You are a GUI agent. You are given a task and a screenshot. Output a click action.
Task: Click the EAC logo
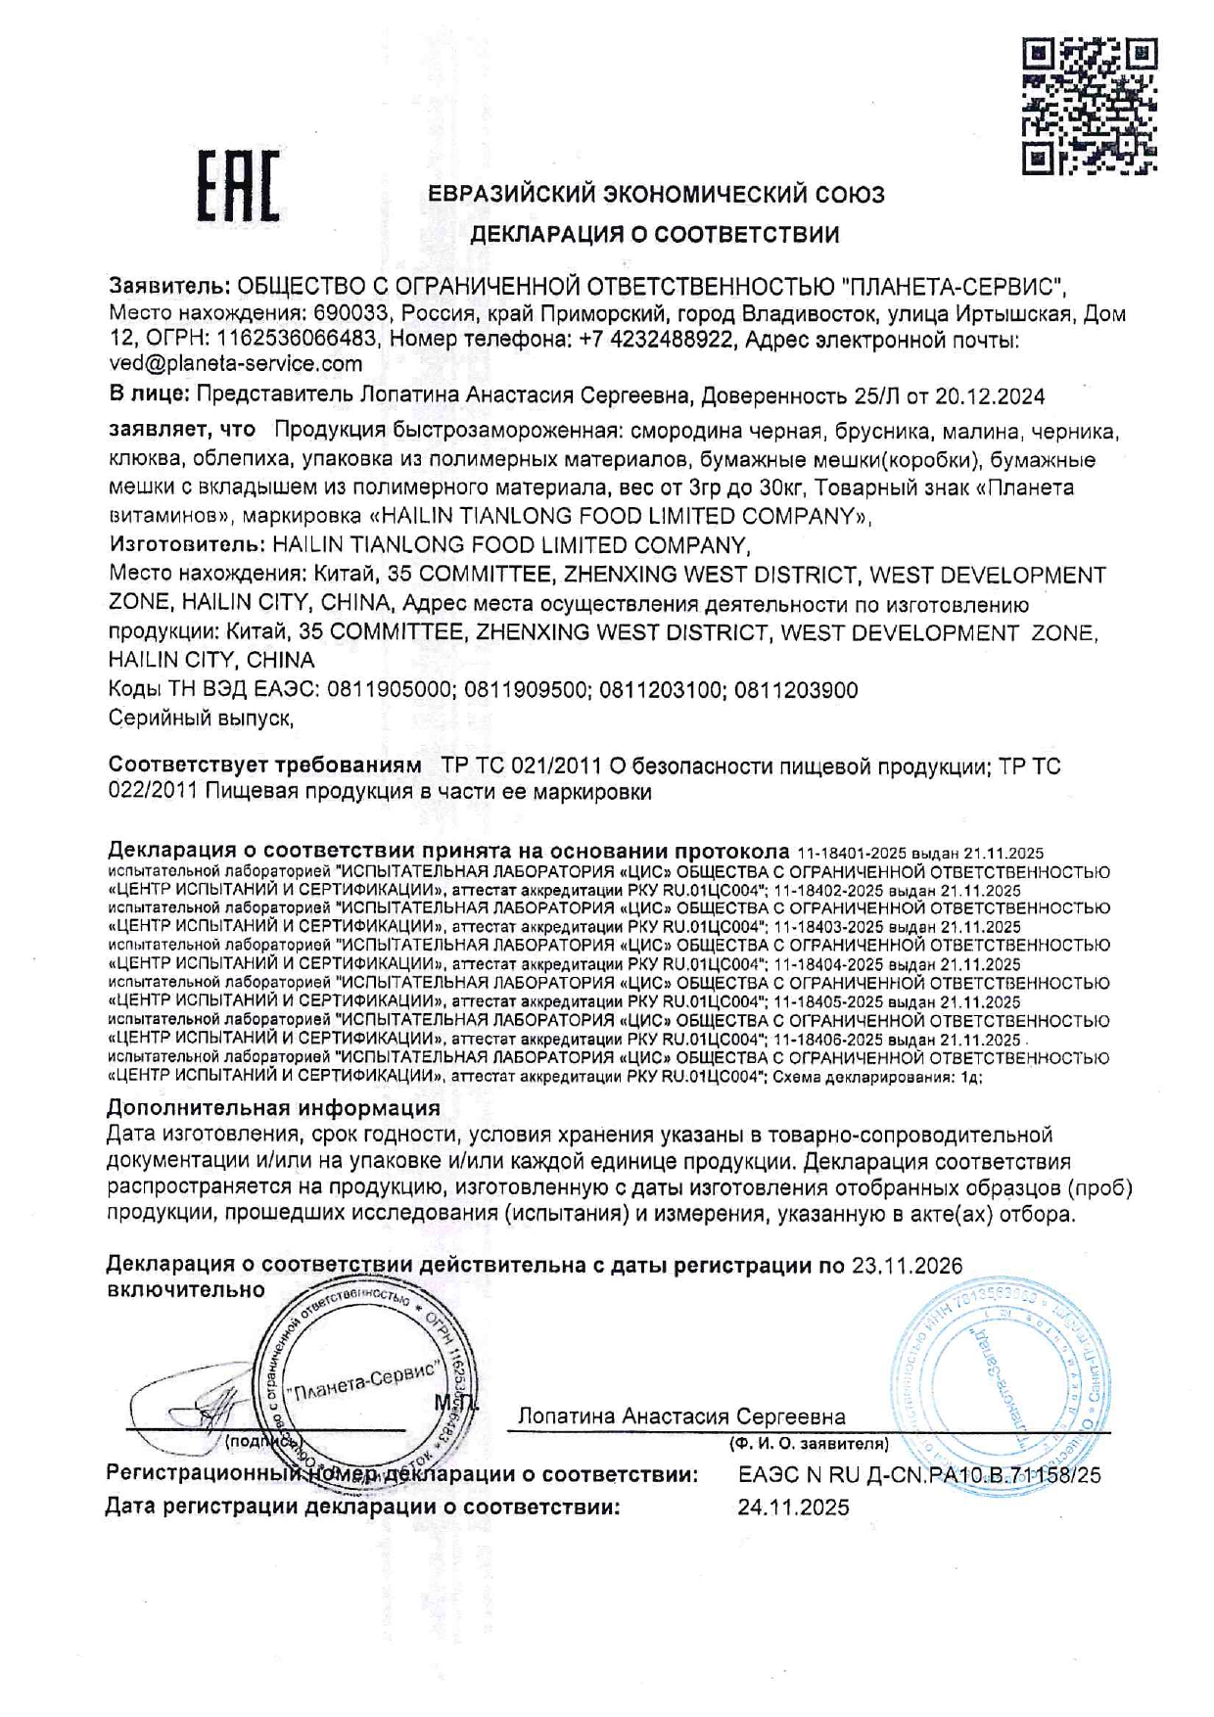click(x=238, y=186)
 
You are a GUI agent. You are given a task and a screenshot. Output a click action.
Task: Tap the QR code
click(x=1089, y=106)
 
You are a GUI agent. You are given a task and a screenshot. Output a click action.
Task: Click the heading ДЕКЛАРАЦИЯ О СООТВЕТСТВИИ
click(x=655, y=235)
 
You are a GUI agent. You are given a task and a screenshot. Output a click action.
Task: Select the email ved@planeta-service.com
click(x=235, y=364)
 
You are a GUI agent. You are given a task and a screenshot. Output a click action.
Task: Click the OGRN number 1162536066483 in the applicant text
click(x=297, y=340)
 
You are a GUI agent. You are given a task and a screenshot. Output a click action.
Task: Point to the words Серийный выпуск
click(x=201, y=719)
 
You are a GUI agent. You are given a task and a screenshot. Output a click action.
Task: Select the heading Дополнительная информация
click(x=273, y=1108)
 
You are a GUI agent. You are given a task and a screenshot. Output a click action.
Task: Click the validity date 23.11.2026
click(x=907, y=1266)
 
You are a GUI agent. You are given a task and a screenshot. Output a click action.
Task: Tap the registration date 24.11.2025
click(x=793, y=1508)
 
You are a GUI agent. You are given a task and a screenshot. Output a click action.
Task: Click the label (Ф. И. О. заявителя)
click(x=809, y=1444)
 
